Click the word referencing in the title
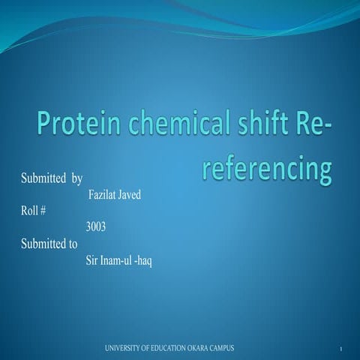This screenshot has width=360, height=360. tap(266, 169)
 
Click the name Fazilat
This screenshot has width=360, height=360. tap(104, 196)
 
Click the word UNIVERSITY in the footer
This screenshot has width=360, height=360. tap(122, 348)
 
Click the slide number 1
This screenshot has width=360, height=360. tap(340, 349)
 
